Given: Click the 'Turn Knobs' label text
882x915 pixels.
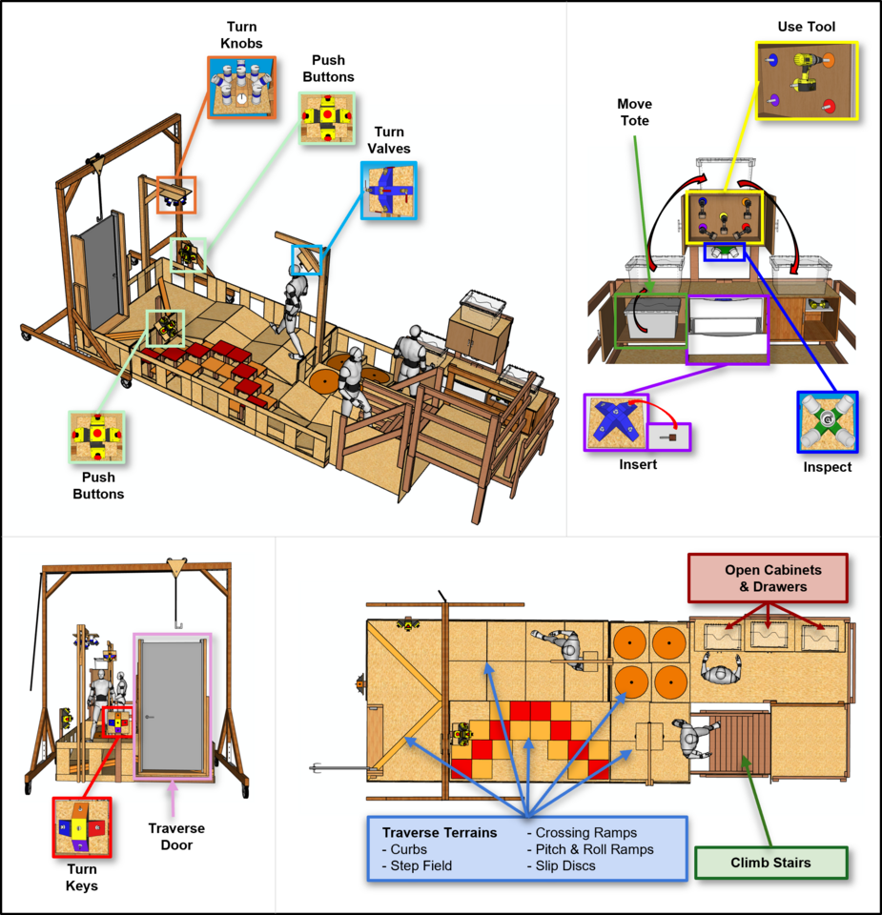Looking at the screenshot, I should (240, 34).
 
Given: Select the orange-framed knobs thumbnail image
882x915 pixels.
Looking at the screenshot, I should (240, 87).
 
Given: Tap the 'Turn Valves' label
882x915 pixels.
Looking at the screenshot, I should (388, 140).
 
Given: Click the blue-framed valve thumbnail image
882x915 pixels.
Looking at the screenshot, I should (388, 190).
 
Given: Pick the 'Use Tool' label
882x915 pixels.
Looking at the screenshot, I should (807, 27).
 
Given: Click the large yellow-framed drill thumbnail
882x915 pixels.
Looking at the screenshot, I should (807, 80).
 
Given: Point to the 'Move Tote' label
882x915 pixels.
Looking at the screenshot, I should (634, 112).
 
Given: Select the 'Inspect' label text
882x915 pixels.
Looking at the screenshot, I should (828, 467).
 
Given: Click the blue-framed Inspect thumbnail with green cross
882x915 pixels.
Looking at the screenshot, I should (828, 422).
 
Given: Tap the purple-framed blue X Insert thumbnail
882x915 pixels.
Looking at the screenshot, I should (615, 423).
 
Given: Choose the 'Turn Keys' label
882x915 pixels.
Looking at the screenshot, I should (81, 878).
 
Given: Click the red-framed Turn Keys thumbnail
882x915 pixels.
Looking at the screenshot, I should (81, 826).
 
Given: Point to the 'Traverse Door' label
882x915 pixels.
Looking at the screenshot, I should (175, 836).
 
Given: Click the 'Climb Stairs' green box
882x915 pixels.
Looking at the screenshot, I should (770, 863).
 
